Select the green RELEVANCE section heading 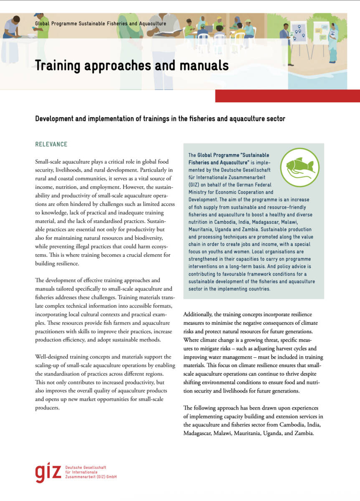click(51, 144)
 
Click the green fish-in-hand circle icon click(299, 167)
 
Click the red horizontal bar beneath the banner click(287, 96)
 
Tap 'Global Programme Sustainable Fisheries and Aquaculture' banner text click(101, 24)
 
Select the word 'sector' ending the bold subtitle click(276, 119)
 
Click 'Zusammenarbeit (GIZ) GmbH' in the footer click(91, 477)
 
